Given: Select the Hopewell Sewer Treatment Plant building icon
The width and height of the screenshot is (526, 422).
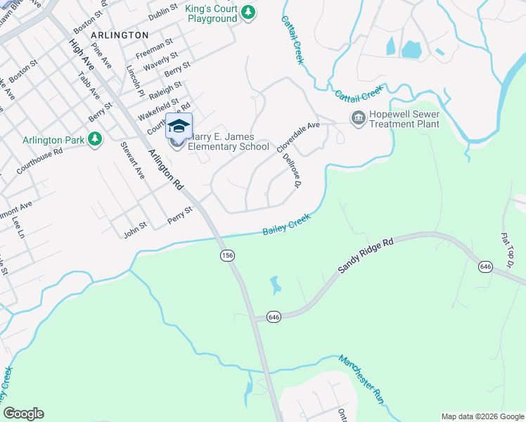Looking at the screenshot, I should [357, 117].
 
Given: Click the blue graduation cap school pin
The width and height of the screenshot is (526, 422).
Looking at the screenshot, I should [179, 127].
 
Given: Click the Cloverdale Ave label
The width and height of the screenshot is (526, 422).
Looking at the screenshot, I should [298, 136].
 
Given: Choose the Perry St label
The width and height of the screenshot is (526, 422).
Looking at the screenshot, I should [179, 215].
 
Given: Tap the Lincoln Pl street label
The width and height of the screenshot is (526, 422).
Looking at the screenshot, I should [135, 81].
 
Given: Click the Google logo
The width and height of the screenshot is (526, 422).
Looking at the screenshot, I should [23, 414].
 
